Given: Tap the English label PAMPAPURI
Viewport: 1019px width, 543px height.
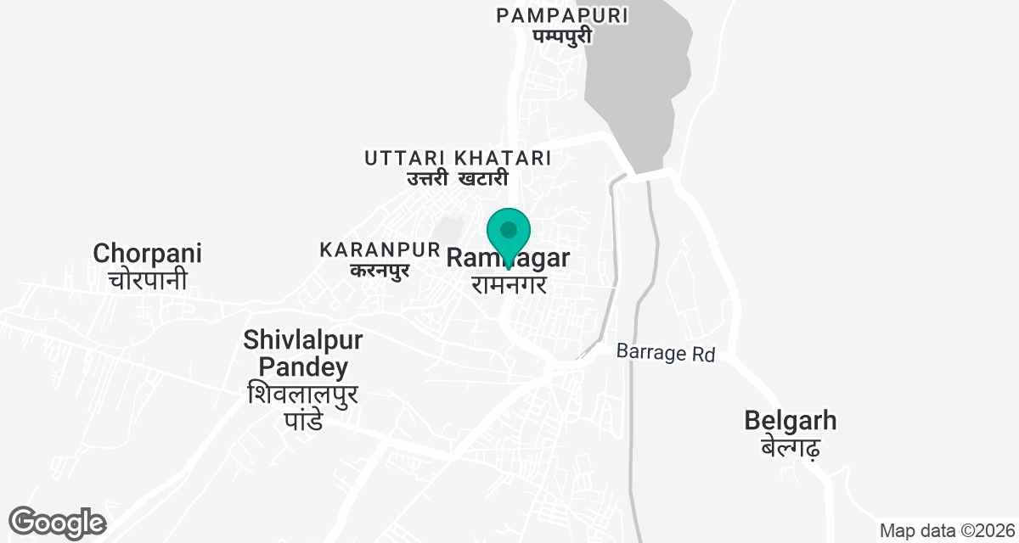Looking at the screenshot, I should pos(562,15).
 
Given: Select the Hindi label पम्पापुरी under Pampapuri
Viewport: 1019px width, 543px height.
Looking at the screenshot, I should pos(562,36).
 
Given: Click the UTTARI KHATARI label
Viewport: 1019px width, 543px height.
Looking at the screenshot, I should pos(458,158).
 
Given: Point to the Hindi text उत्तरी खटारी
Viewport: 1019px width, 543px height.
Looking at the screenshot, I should pos(457,178).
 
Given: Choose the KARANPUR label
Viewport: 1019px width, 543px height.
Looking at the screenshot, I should pos(380,250).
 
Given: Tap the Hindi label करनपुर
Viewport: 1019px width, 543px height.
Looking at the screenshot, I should pos(380,271).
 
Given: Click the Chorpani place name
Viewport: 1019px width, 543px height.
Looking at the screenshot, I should pos(148,253).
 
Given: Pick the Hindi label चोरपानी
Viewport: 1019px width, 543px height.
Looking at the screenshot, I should pos(148,279).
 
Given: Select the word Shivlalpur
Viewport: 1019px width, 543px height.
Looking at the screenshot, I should pos(303,341).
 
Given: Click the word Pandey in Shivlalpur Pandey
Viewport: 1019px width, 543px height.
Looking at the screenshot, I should pos(303,367).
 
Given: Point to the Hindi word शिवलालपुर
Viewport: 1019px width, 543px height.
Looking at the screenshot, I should pos(303,395).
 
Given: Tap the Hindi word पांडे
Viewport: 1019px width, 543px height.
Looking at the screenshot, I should pos(303,420).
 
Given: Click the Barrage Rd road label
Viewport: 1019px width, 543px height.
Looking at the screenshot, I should pos(666,353).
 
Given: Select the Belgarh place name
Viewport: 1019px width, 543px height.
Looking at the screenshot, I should pos(790,421).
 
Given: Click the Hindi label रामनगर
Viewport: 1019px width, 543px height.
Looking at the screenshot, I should pos(508,283).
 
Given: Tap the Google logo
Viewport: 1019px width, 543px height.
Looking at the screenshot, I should pos(57,523).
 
